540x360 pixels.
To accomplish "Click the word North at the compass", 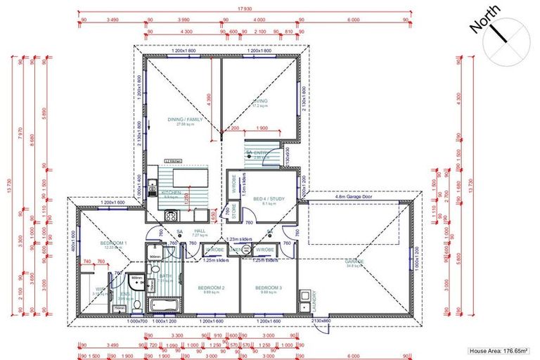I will pyautogui.click(x=485, y=20).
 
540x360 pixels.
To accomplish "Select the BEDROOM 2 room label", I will pyautogui.click(x=210, y=288).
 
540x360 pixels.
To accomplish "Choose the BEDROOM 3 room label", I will pyautogui.click(x=269, y=288).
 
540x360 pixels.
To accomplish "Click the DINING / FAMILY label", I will pyautogui.click(x=185, y=120).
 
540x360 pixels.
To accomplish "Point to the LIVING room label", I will pyautogui.click(x=261, y=102).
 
